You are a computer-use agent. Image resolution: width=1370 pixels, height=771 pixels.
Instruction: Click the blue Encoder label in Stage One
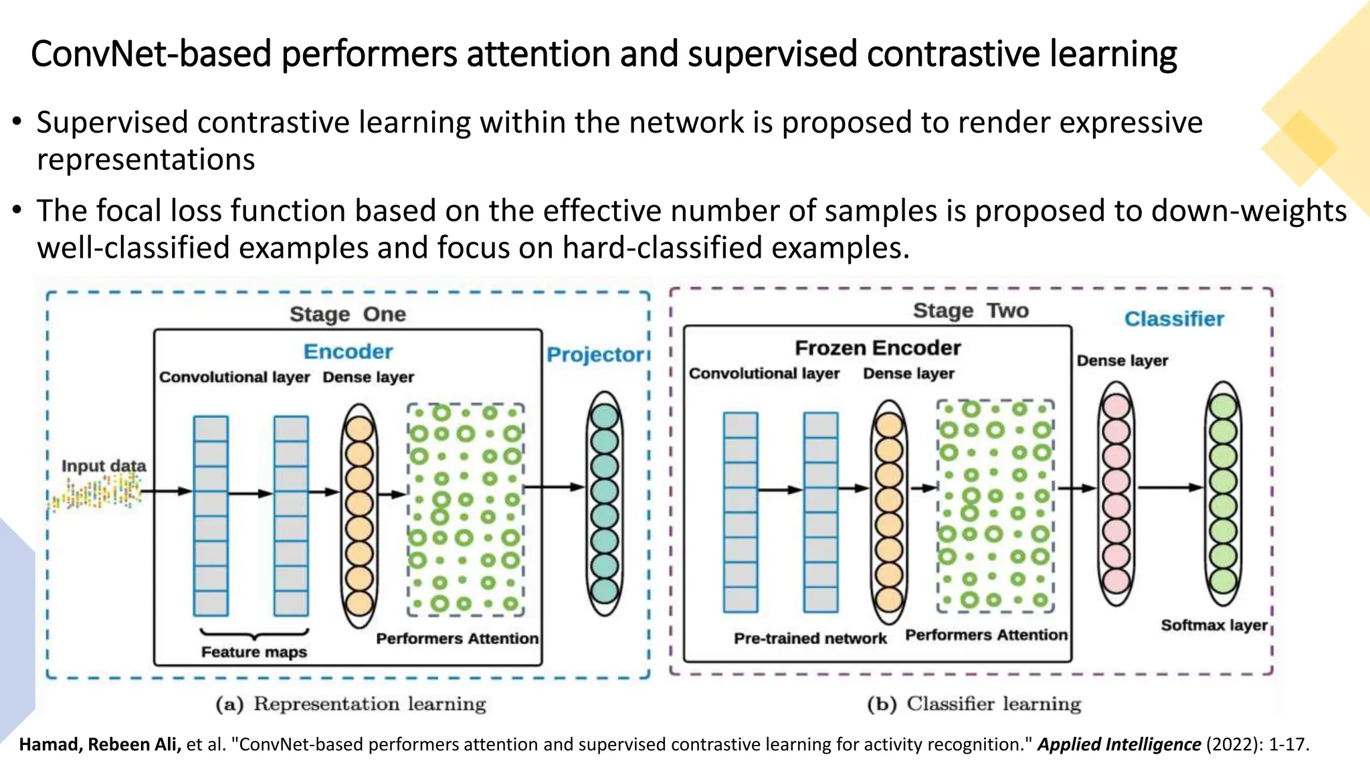(348, 352)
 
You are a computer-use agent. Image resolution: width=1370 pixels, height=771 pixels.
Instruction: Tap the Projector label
(595, 355)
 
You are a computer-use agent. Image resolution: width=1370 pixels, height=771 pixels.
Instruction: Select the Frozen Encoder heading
(878, 348)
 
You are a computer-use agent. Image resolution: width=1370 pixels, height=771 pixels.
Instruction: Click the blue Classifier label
(1174, 319)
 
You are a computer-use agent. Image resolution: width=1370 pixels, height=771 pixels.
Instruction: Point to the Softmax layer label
(1214, 625)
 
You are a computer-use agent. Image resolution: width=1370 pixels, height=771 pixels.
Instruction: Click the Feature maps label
(254, 652)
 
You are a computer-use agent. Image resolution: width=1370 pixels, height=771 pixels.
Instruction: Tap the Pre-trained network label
(810, 638)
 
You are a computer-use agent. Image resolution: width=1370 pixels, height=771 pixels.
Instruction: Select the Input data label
(104, 466)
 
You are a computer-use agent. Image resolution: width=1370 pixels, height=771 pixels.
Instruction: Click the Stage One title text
(348, 315)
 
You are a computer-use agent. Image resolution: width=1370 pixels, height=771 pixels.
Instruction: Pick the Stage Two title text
(971, 311)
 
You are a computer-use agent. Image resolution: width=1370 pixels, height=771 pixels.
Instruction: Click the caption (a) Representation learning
(351, 704)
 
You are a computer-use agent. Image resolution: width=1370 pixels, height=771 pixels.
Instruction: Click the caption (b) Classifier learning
(974, 704)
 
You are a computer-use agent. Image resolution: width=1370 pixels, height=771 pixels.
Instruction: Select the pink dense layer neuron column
(1116, 494)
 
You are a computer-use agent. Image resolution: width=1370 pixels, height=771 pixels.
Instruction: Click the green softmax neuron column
(1223, 494)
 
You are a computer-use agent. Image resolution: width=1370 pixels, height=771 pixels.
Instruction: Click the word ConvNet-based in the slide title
(151, 54)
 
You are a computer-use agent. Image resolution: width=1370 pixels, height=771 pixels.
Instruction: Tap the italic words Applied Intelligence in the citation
(1118, 744)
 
